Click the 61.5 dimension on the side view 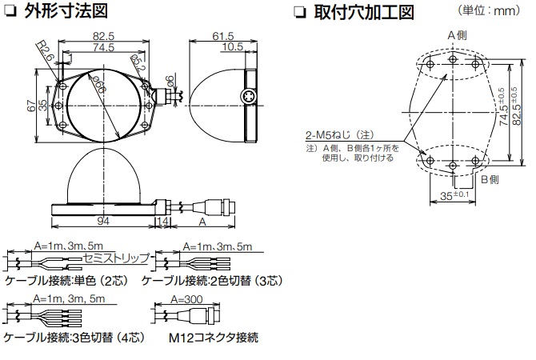point(223,37)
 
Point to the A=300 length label point(189,300)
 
